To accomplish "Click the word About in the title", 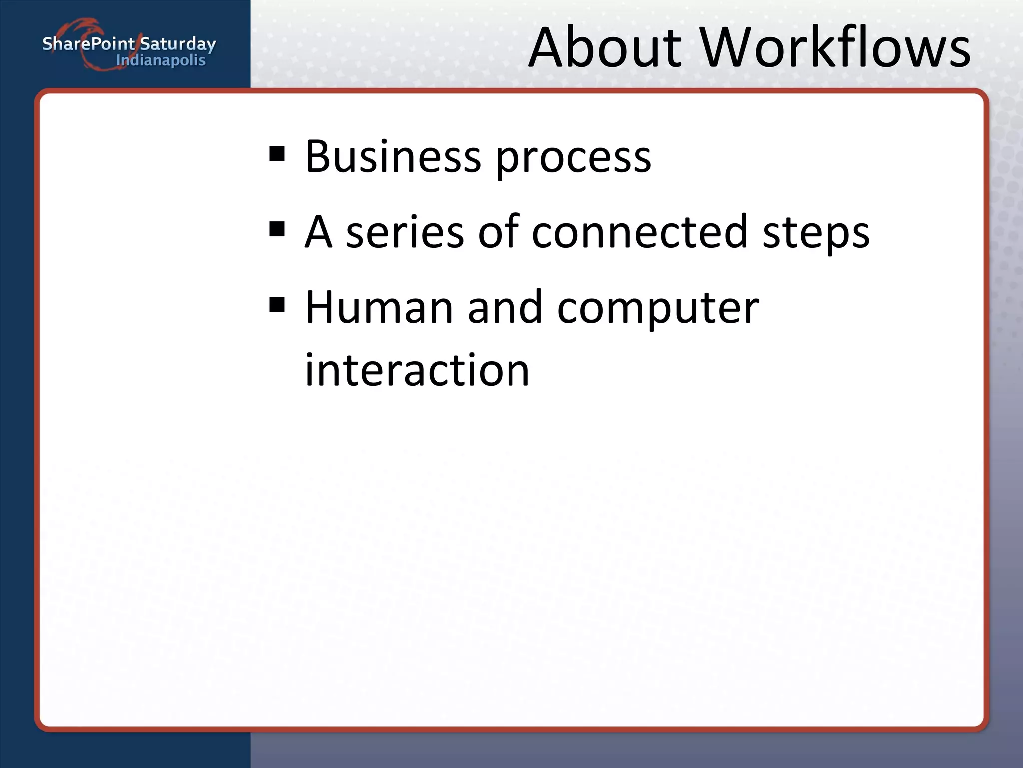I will pyautogui.click(x=604, y=48).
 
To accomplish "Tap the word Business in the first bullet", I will pyautogui.click(x=392, y=157).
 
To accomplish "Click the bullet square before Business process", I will pyautogui.click(x=277, y=154).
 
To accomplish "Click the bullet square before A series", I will pyautogui.click(x=277, y=229).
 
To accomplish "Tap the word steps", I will pyautogui.click(x=816, y=235).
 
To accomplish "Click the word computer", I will pyautogui.click(x=658, y=310).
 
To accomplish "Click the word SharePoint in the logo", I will pyautogui.click(x=88, y=44).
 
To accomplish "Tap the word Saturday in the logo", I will pyautogui.click(x=178, y=44).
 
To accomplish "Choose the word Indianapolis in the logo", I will pyautogui.click(x=160, y=61).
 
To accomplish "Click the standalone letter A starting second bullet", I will pyautogui.click(x=318, y=232).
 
